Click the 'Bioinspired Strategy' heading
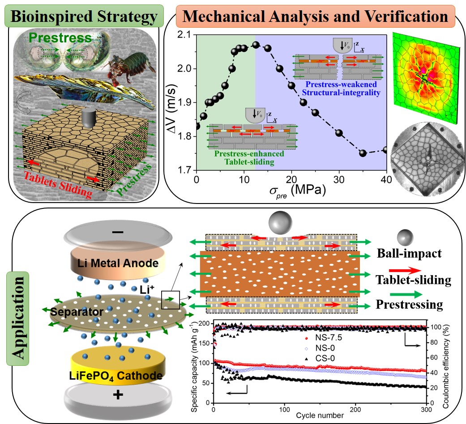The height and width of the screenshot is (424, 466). (x=84, y=17)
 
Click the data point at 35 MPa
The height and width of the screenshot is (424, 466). (x=363, y=153)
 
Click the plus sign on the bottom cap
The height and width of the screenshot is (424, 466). (x=118, y=395)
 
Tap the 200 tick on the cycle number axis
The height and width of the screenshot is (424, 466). (x=356, y=410)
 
